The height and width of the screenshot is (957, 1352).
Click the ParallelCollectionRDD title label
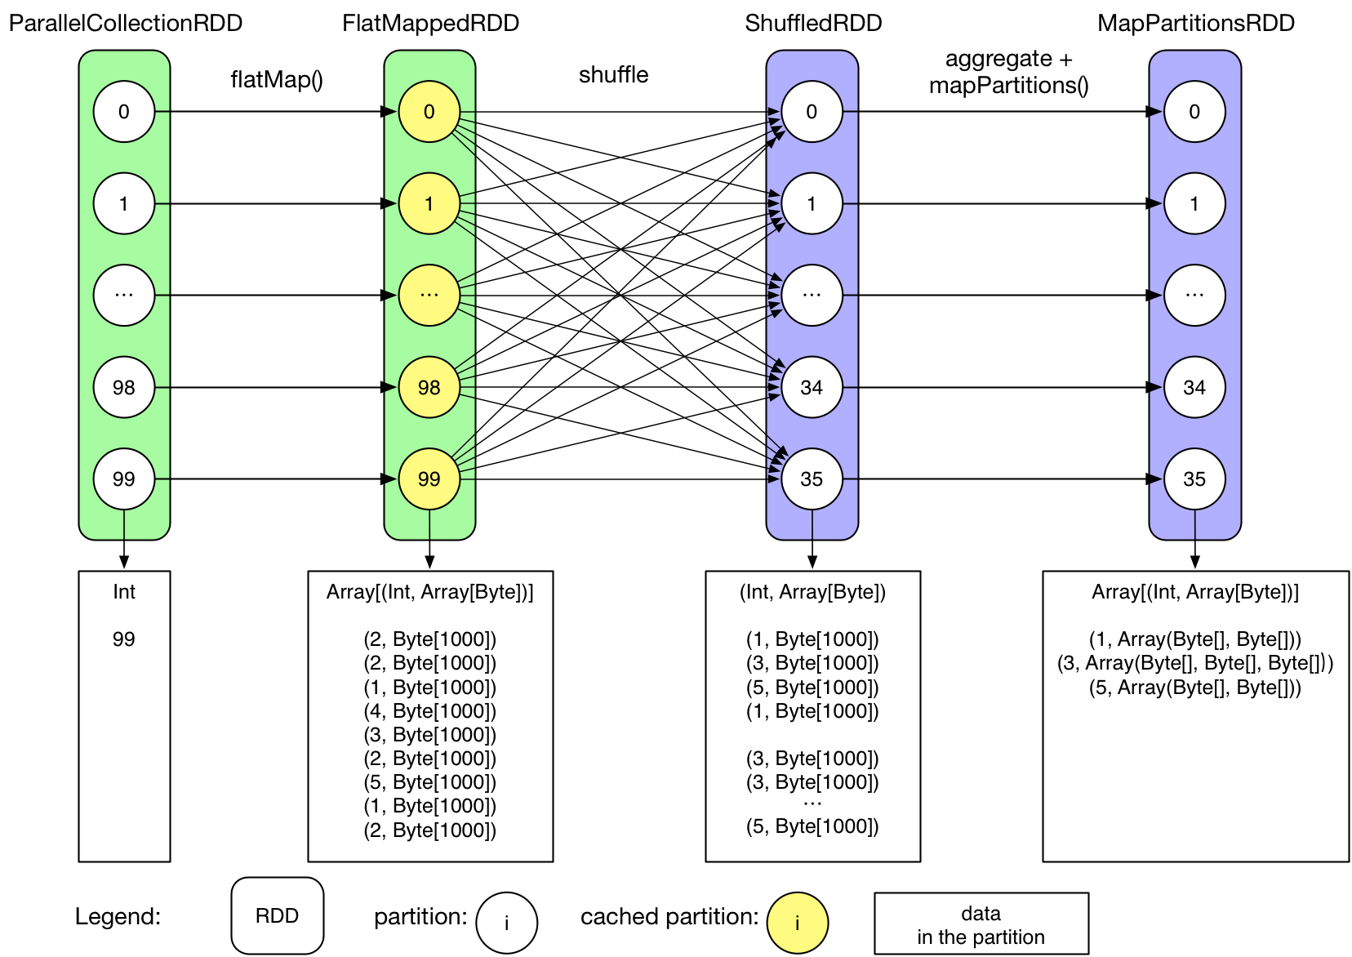click(125, 23)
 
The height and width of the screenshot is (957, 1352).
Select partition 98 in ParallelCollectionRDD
click(124, 387)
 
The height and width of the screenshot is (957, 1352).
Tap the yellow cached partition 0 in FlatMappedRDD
click(429, 112)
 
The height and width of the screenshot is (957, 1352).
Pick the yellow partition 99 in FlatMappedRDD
click(429, 478)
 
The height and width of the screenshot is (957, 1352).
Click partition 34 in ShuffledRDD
click(812, 387)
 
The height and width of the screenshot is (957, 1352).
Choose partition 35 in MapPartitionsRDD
click(1194, 478)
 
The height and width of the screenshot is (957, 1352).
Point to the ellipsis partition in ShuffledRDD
click(812, 295)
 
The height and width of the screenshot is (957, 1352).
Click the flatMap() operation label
click(277, 79)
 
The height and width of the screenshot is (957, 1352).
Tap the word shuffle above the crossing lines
click(613, 74)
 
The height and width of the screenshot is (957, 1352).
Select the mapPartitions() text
click(1008, 85)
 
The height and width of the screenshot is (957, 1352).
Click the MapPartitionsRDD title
click(1195, 23)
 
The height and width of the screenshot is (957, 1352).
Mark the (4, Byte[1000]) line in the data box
click(429, 710)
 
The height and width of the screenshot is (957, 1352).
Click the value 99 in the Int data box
click(124, 639)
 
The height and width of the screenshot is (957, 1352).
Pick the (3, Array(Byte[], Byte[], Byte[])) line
click(1195, 663)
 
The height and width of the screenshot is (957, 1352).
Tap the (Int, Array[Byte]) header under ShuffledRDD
click(812, 592)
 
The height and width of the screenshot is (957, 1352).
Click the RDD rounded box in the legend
click(278, 915)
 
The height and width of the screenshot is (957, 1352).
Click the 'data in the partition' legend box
click(981, 924)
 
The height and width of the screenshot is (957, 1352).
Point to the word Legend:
click(118, 916)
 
